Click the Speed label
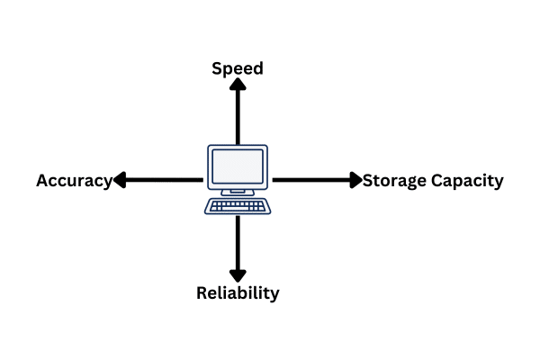238,68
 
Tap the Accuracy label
74,181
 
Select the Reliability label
238,293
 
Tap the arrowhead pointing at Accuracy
119,180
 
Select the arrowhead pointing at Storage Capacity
355,180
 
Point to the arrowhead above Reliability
238,274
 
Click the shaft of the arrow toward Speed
238,117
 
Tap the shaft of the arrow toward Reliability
238,243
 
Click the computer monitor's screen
238,167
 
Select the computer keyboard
238,206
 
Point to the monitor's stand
238,191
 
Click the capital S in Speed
217,68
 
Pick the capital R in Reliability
202,293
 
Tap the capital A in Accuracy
42,181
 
